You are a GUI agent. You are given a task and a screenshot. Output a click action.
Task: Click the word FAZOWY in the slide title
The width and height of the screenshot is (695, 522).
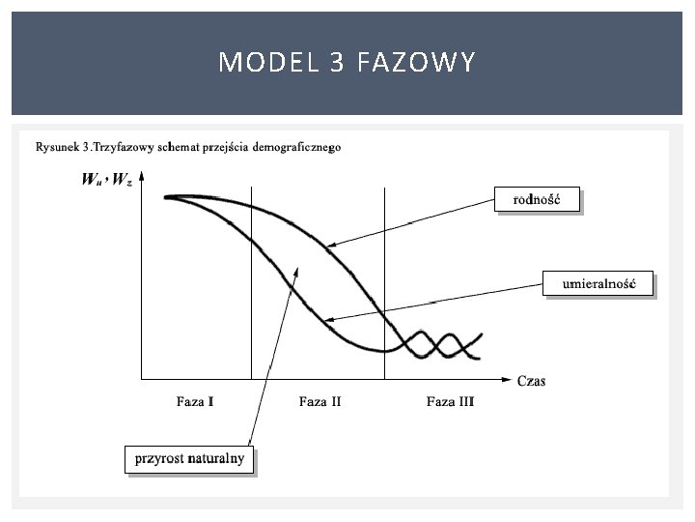point(416,64)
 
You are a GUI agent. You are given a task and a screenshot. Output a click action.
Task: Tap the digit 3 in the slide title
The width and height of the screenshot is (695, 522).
point(337,64)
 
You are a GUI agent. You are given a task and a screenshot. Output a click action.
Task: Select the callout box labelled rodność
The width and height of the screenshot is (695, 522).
point(539,200)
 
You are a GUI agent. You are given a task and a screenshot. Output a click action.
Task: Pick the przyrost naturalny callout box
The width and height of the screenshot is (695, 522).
point(189,457)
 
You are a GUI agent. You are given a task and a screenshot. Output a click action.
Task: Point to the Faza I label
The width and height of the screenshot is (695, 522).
point(196,401)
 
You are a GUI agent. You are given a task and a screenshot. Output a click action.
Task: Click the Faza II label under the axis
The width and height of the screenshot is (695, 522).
point(320,401)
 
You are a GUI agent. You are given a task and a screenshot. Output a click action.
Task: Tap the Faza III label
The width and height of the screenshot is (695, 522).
point(450,401)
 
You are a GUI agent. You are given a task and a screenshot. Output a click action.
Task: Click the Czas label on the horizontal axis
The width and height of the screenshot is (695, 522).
point(531,381)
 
